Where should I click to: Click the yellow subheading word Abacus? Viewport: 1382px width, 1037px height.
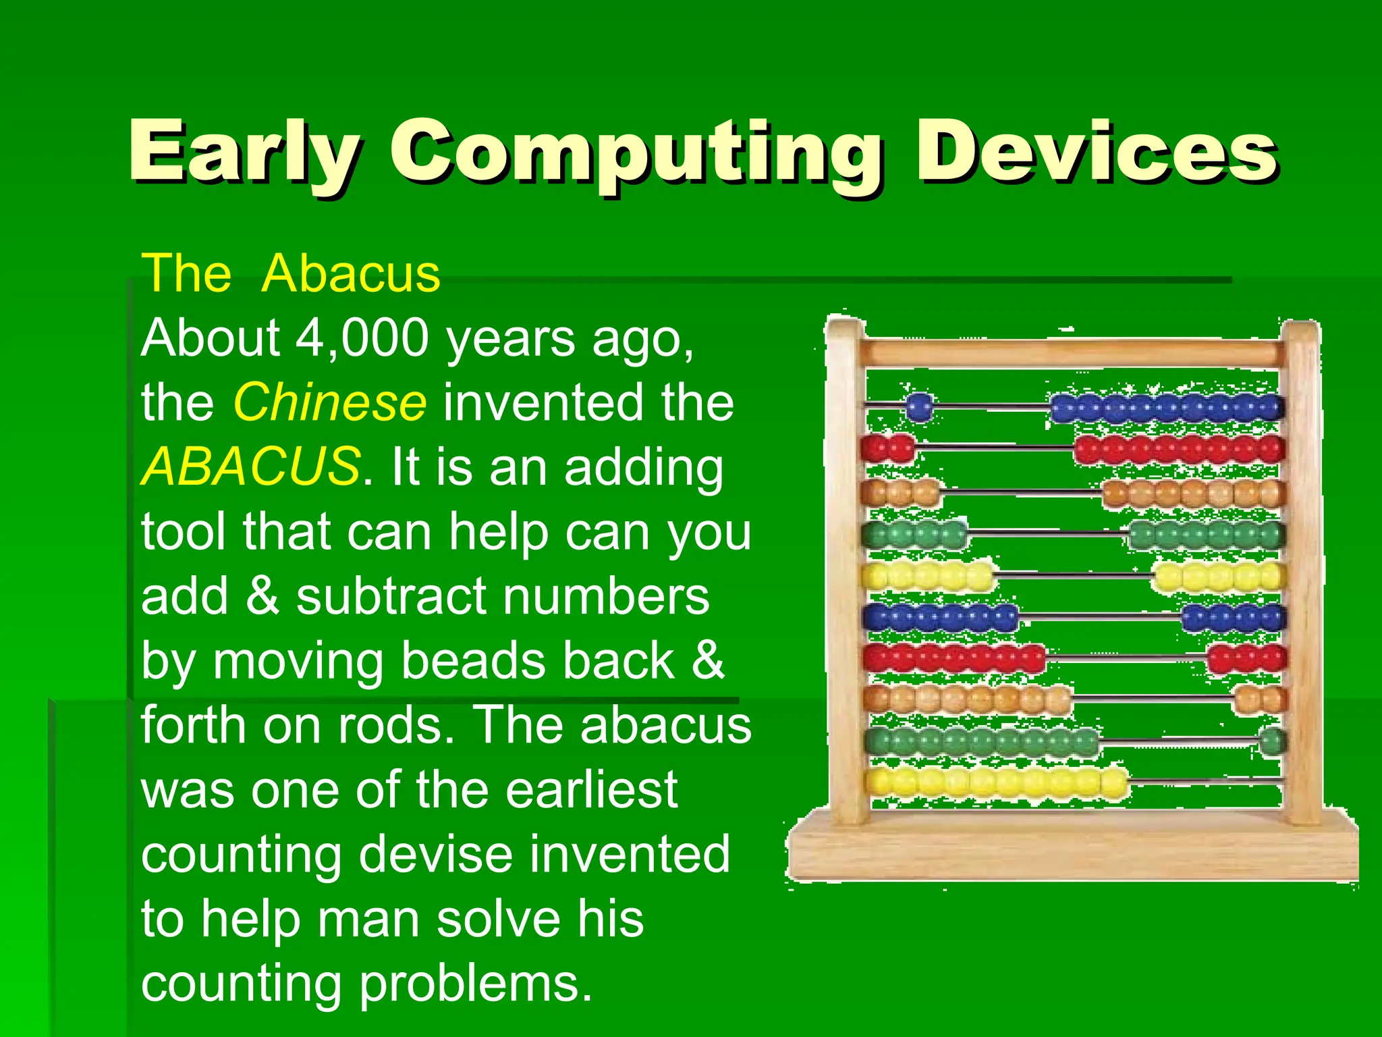[x=351, y=273]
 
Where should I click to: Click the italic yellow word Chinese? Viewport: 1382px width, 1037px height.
[x=329, y=402]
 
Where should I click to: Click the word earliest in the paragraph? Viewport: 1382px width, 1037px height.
[x=591, y=790]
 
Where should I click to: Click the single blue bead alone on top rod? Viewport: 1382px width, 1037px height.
[x=919, y=406]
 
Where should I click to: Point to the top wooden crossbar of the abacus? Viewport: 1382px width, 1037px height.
[x=1073, y=353]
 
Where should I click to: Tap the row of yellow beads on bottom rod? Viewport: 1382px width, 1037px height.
[x=997, y=782]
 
